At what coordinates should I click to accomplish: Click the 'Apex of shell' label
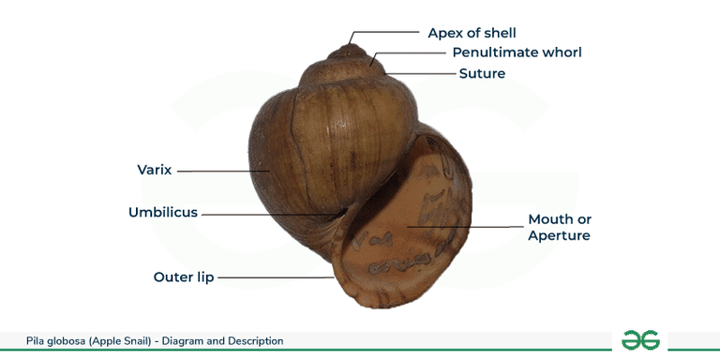click(x=472, y=33)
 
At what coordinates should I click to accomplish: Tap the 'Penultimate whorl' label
click(x=517, y=52)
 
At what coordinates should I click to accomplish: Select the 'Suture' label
click(x=482, y=73)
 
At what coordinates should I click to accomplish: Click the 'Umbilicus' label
click(x=163, y=213)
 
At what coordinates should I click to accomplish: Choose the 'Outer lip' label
click(x=184, y=277)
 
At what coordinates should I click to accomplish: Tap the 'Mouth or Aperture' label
click(x=560, y=228)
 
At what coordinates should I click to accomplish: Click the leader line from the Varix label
click(x=225, y=172)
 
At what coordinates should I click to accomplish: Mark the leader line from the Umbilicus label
click(x=267, y=214)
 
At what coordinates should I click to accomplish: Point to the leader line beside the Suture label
click(x=422, y=73)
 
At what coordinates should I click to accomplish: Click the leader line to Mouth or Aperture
click(x=469, y=227)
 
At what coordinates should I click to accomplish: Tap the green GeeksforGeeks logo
click(x=640, y=339)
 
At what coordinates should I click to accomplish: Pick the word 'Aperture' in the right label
click(x=560, y=236)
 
